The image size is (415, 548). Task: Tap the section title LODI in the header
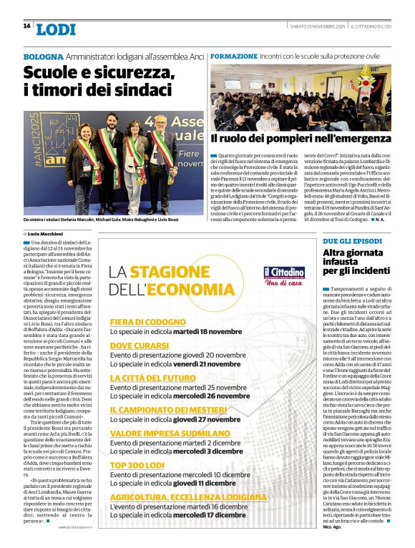55,29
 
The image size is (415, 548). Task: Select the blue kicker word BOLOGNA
43,56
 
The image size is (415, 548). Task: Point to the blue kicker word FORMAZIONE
234,56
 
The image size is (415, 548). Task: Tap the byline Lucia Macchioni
49,233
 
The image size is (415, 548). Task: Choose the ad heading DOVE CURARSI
140,346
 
